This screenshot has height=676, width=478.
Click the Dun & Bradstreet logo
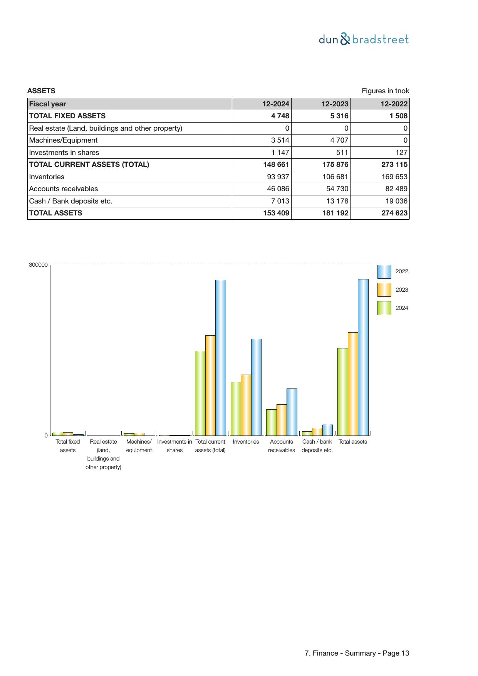point(364,39)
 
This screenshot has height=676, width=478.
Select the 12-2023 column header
point(335,104)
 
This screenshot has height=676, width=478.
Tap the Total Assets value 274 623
point(394,213)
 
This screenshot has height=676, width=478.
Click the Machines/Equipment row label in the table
point(63,140)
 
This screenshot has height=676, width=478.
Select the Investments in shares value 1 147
point(280,153)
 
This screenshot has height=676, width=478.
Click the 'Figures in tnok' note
point(385,91)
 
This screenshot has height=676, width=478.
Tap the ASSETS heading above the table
point(41,91)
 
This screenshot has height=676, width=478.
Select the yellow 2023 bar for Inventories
point(246,405)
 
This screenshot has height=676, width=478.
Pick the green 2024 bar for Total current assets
point(200,393)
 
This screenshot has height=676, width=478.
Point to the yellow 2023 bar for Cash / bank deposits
point(317,432)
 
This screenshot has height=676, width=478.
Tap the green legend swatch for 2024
point(384,308)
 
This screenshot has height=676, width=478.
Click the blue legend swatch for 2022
point(384,271)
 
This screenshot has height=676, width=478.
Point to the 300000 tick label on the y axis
point(38,265)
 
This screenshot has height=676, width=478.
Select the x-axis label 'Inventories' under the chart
point(246,442)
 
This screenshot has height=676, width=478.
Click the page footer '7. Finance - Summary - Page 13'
point(357,653)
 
